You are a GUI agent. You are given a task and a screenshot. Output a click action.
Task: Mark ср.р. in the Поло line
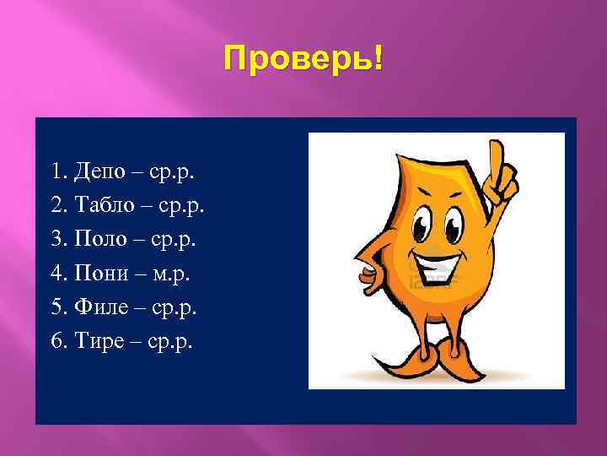pos(173,241)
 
